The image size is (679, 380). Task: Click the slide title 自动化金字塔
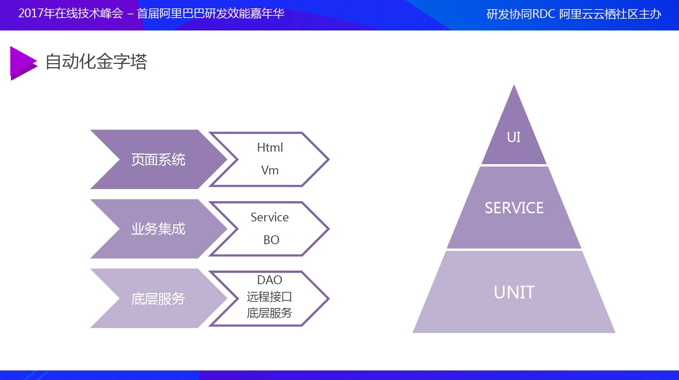(x=96, y=62)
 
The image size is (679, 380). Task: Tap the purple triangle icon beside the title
(x=23, y=63)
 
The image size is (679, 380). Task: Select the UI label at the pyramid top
(x=514, y=137)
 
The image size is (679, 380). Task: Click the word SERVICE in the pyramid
(x=514, y=208)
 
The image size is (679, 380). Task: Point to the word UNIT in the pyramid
(x=514, y=293)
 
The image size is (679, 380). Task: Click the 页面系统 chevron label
(x=158, y=160)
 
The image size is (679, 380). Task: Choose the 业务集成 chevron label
(x=158, y=229)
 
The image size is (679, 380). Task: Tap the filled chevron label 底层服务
(x=158, y=299)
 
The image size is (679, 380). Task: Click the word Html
(x=270, y=148)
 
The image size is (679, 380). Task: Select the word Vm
(x=270, y=170)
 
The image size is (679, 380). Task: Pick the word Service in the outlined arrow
(x=269, y=217)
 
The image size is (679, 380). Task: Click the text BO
(x=271, y=240)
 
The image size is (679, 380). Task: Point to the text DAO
(x=269, y=280)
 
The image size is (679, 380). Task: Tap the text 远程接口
(x=269, y=297)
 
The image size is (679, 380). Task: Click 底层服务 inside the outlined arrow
(x=269, y=313)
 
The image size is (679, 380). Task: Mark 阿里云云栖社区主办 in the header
(x=610, y=14)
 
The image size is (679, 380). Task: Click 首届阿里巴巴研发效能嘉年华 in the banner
(x=211, y=14)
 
